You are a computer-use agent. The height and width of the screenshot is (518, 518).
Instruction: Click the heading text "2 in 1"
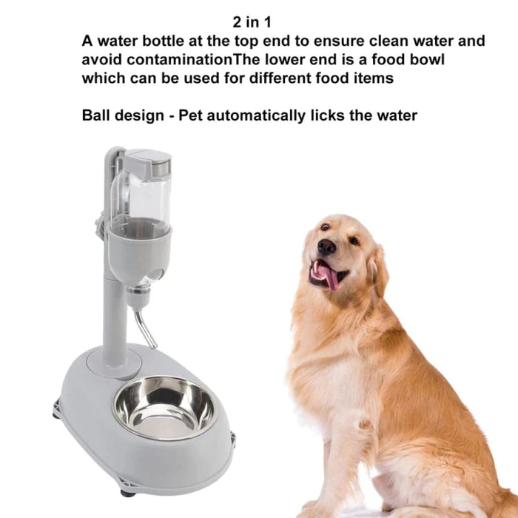[252, 22]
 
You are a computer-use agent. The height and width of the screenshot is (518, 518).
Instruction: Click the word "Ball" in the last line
[95, 115]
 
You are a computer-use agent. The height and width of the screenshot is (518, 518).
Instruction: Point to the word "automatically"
[256, 116]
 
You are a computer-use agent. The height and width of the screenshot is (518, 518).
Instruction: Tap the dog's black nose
[326, 246]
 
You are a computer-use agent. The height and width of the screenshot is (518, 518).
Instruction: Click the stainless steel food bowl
[165, 408]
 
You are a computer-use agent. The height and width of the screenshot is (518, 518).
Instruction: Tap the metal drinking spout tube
[145, 329]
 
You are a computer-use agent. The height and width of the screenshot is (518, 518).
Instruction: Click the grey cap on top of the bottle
[148, 163]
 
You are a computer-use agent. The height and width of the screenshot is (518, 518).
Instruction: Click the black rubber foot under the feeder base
[128, 494]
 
